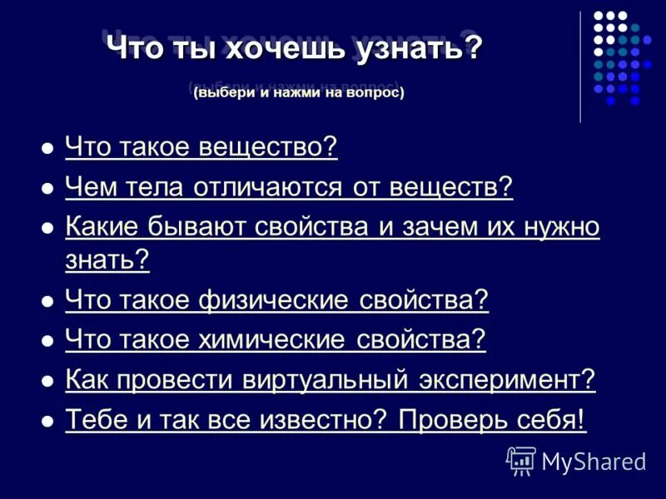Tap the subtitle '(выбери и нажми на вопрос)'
[x=298, y=93]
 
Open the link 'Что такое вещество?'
[x=201, y=148]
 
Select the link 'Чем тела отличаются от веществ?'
[x=288, y=188]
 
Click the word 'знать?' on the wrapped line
[x=107, y=260]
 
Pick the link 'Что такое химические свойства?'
[x=275, y=340]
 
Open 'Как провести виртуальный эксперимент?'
[x=330, y=380]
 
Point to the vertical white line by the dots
[x=580, y=67]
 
